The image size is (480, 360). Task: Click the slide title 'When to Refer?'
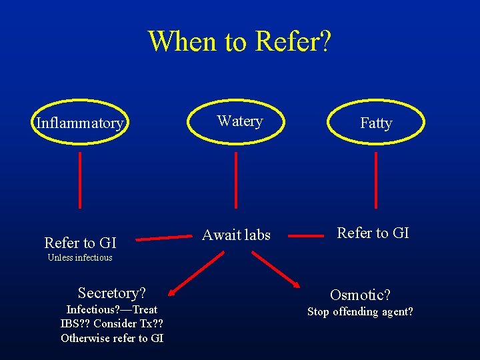click(x=239, y=41)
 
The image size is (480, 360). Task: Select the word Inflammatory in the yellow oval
click(x=79, y=123)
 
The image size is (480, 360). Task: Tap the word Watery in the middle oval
click(x=239, y=121)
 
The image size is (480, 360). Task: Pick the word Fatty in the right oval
click(x=376, y=123)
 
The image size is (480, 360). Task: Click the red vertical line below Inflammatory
click(x=81, y=180)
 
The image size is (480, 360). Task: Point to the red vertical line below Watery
click(x=236, y=180)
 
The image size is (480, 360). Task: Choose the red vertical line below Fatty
click(x=376, y=180)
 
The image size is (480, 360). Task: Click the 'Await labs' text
click(x=236, y=235)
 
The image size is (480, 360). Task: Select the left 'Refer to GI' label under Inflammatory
click(x=80, y=243)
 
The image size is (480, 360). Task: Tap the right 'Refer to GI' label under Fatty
click(x=373, y=233)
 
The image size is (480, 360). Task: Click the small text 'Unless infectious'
click(x=80, y=257)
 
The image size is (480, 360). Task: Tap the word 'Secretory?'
click(x=112, y=293)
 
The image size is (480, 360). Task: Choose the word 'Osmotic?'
click(x=361, y=295)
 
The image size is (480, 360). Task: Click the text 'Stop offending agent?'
click(x=360, y=311)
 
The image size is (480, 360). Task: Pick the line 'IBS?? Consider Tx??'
click(x=112, y=323)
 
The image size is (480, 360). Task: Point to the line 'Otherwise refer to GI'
click(x=112, y=338)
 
